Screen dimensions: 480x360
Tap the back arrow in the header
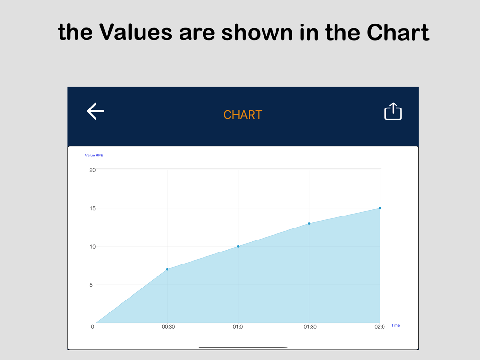[96, 111]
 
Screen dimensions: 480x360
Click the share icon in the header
[393, 111]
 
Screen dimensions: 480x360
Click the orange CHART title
[242, 115]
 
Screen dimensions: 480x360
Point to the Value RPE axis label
[94, 155]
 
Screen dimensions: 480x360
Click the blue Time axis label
[396, 325]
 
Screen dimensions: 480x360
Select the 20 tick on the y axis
[92, 170]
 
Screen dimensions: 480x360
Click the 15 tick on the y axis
[92, 208]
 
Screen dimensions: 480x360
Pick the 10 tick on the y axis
[92, 247]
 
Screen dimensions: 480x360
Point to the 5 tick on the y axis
[91, 285]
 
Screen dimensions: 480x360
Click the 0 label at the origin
[93, 327]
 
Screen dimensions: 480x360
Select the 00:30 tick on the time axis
[168, 327]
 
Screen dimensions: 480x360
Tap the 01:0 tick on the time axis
[238, 327]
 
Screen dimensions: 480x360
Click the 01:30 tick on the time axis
[310, 327]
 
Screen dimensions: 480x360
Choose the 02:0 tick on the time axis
[380, 327]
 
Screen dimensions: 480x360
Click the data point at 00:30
[167, 269]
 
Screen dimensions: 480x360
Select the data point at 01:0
[238, 246]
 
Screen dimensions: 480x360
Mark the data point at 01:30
[309, 224]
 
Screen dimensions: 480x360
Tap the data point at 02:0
[380, 208]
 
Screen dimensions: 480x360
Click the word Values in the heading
[136, 32]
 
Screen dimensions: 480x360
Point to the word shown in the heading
[257, 32]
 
